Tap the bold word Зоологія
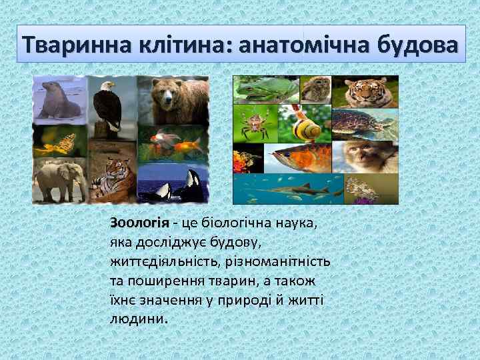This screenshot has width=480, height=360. [x=134, y=222]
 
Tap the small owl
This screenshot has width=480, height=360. [x=315, y=89]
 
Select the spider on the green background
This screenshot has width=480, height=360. [x=254, y=124]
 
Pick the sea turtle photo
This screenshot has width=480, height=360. [x=363, y=124]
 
